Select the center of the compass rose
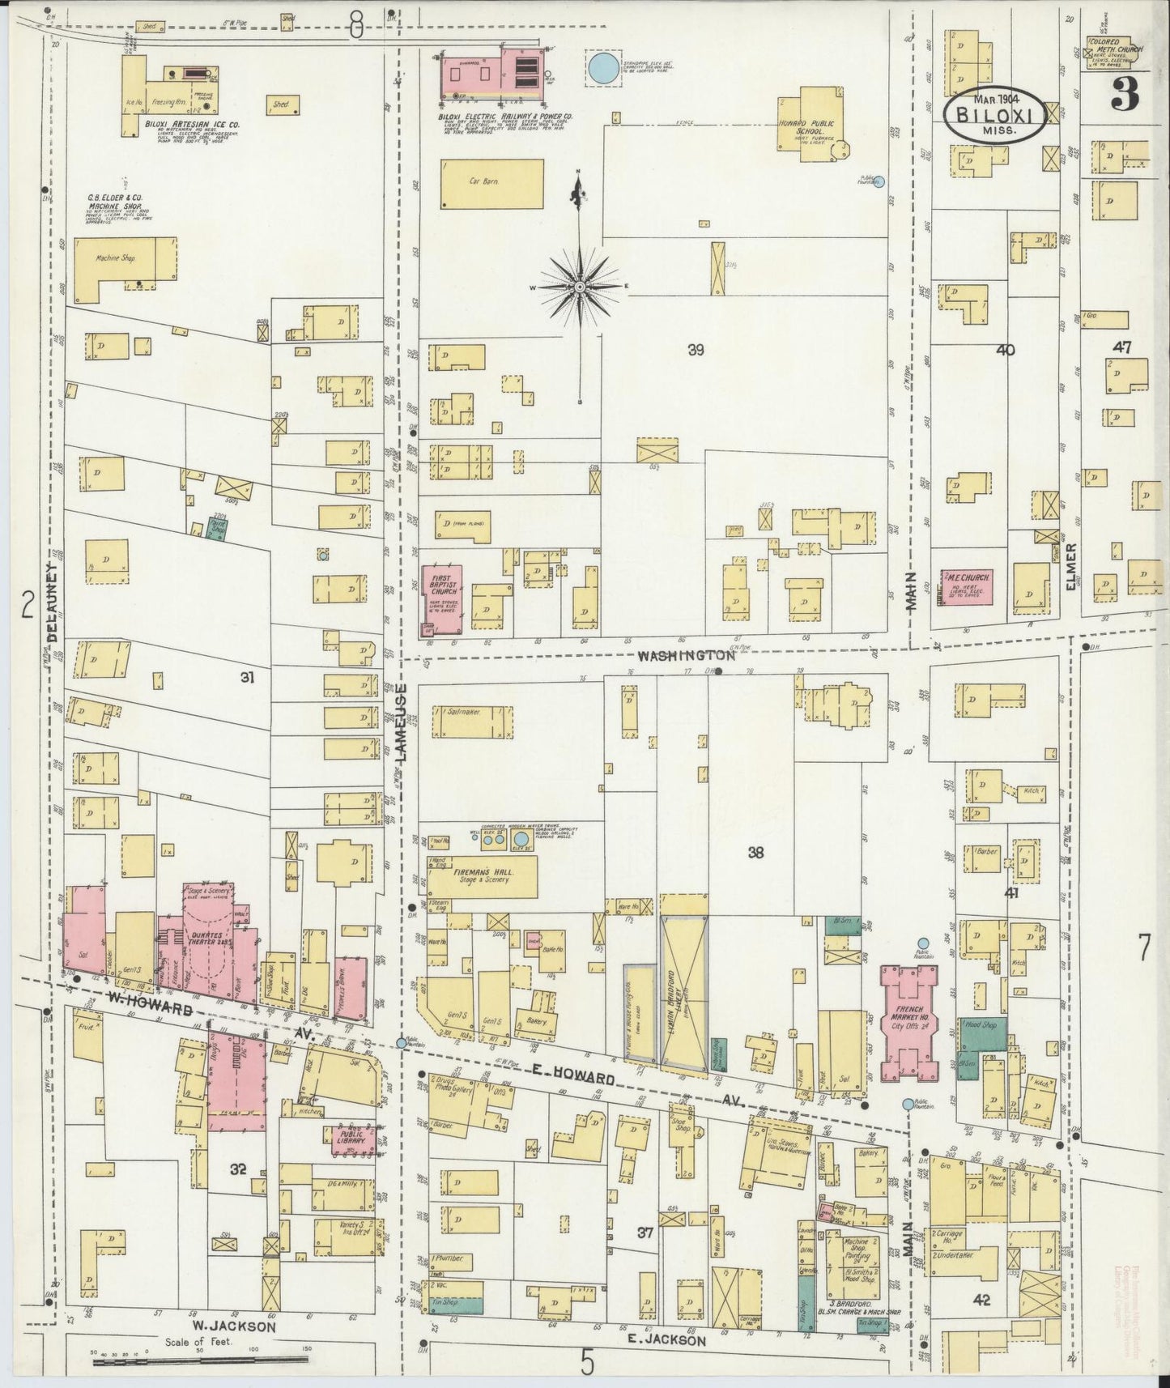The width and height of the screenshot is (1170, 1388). [580, 287]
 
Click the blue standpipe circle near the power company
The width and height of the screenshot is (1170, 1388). [602, 67]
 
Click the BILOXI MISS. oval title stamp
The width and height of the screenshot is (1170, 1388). [998, 114]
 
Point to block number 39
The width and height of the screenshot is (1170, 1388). [696, 350]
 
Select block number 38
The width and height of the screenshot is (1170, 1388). [755, 851]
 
